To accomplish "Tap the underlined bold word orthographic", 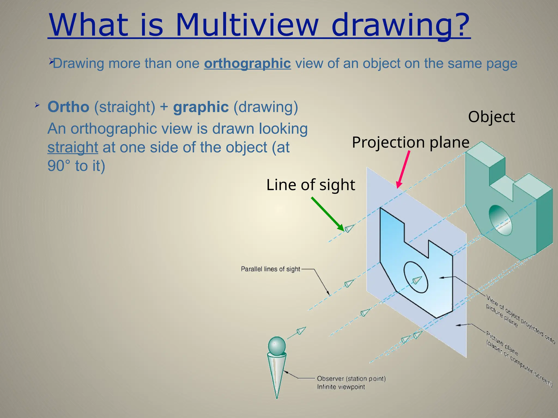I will pyautogui.click(x=247, y=64).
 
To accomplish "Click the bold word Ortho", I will pyautogui.click(x=68, y=107).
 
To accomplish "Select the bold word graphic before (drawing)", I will pyautogui.click(x=201, y=107).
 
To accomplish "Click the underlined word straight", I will pyautogui.click(x=73, y=147).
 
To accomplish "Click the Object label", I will pyautogui.click(x=491, y=117).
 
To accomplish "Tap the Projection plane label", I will pyautogui.click(x=411, y=142).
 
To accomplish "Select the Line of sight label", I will pyautogui.click(x=311, y=185).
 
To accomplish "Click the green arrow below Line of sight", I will pyautogui.click(x=327, y=214).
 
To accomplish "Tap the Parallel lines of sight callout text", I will pyautogui.click(x=270, y=269).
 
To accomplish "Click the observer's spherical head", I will pyautogui.click(x=277, y=346).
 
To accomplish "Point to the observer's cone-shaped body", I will pyautogui.click(x=277, y=373).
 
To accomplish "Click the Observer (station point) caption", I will pyautogui.click(x=351, y=379).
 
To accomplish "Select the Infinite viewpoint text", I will pyautogui.click(x=341, y=387).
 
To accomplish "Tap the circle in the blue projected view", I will pyautogui.click(x=416, y=277).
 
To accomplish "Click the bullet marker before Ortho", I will pyautogui.click(x=37, y=105).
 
